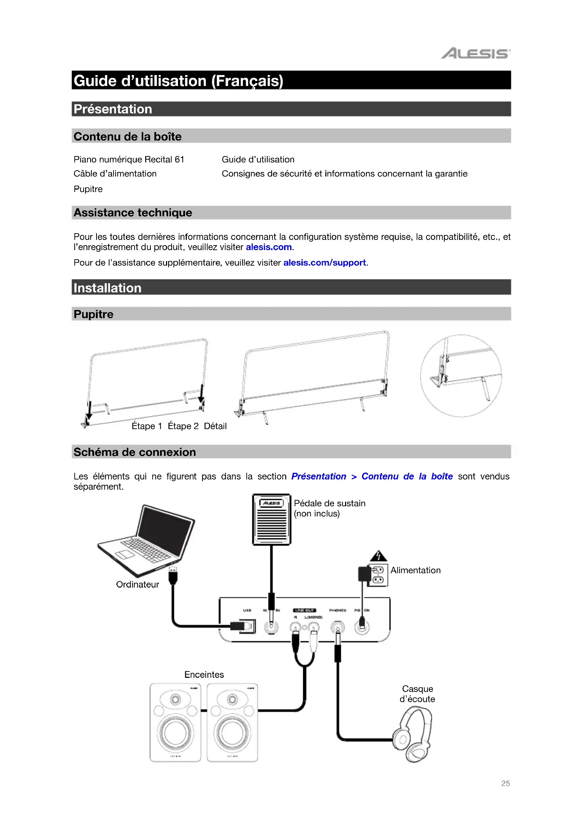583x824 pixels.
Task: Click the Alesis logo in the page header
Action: coord(475,54)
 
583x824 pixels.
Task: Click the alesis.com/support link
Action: coord(324,263)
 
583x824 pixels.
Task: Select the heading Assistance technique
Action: coord(133,213)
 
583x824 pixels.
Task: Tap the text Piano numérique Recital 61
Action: coord(129,159)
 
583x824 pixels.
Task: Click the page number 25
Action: coord(505,783)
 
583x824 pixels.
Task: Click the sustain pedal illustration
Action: coord(271,520)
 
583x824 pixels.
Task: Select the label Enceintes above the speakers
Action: coord(204,675)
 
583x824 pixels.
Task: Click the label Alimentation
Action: coord(415,570)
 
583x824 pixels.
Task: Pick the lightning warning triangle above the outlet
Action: coord(378,556)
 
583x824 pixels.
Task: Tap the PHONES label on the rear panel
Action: coord(337,610)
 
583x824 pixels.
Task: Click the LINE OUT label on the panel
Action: coord(305,610)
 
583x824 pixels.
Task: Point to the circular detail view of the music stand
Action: coord(461,376)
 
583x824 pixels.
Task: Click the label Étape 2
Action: coord(183,426)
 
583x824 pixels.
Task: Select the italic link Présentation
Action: coord(318,476)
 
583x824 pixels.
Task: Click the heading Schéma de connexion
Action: coord(135,452)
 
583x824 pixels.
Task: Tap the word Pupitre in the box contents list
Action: coord(88,189)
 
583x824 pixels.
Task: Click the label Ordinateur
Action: coord(137,585)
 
